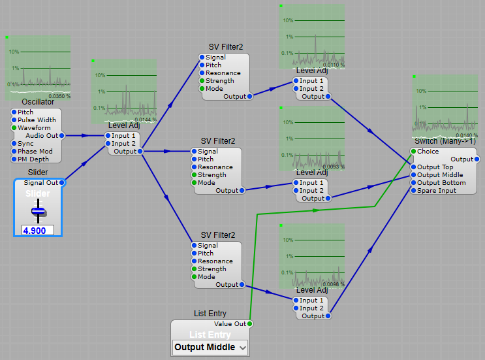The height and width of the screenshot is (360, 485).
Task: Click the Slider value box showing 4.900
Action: pos(38,231)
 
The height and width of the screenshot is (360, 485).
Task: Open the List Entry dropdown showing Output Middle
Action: pos(210,348)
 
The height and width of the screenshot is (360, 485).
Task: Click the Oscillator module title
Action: pos(37,102)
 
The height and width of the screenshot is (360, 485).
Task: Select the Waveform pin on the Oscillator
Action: pos(14,128)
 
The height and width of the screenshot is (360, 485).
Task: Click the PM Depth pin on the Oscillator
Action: pos(14,159)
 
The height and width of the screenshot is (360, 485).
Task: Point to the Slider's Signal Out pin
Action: pos(61,183)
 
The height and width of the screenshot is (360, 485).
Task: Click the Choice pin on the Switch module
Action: pos(413,152)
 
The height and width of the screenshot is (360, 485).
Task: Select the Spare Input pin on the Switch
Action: pos(413,191)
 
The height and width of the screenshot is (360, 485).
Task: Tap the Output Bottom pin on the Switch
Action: pos(413,183)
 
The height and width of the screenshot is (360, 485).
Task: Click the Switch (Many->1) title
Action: pos(445,141)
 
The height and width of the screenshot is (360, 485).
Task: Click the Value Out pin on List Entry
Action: pos(250,324)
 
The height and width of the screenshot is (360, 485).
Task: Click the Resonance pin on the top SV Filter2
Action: pos(201,73)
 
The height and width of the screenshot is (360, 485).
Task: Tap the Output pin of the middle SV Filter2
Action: pos(242,191)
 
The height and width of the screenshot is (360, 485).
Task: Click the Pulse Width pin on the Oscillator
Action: pos(14,120)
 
